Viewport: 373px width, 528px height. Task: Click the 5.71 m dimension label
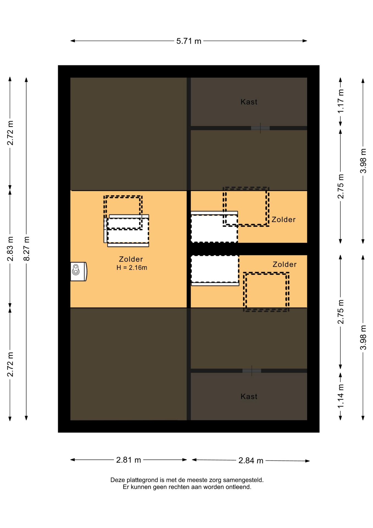(x=189, y=41)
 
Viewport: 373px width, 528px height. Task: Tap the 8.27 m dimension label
(x=26, y=249)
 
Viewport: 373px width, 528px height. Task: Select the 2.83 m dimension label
(x=10, y=249)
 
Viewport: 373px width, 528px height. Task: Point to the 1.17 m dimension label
(x=341, y=101)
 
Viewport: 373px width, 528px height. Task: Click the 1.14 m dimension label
(x=341, y=396)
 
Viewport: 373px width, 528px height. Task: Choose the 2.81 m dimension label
(x=129, y=460)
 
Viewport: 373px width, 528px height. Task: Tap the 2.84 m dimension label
(x=251, y=460)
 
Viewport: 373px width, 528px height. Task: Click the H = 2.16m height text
(x=132, y=268)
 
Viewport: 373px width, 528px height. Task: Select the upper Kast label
(x=249, y=102)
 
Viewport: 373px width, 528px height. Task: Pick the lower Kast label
(x=249, y=396)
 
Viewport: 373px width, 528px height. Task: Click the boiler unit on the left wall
(x=79, y=271)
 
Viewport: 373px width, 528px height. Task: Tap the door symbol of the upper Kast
(x=260, y=128)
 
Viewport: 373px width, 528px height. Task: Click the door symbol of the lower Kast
(x=252, y=371)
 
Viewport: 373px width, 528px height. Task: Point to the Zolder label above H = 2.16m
(x=131, y=259)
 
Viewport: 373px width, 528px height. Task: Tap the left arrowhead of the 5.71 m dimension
(x=73, y=41)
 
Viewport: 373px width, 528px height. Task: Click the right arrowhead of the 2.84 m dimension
(x=308, y=461)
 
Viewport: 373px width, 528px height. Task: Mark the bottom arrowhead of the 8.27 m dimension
(x=26, y=418)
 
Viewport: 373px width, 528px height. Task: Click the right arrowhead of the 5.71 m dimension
(x=305, y=41)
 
